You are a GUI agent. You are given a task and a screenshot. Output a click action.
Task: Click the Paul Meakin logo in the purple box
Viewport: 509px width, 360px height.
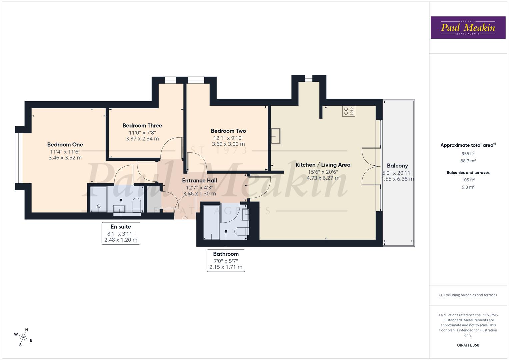click(468, 28)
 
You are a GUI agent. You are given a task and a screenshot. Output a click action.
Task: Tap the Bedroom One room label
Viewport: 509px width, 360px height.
click(65, 145)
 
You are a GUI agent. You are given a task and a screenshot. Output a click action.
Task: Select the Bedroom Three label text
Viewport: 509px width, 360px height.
click(142, 126)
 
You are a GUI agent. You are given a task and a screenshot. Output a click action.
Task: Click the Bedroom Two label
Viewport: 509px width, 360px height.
click(228, 131)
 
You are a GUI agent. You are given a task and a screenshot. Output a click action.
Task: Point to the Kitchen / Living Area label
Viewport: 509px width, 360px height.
click(323, 165)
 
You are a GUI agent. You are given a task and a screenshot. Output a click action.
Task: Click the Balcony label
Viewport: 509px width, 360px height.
click(397, 166)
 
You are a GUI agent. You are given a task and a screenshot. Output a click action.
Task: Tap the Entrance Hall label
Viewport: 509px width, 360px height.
click(199, 181)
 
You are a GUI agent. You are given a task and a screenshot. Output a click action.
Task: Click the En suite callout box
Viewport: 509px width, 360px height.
click(121, 233)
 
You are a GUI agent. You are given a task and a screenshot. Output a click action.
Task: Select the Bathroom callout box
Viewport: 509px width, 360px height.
click(226, 260)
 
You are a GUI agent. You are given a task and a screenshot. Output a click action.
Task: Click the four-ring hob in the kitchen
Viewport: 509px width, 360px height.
click(349, 111)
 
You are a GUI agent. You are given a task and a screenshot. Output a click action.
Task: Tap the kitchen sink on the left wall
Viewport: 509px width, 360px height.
click(275, 136)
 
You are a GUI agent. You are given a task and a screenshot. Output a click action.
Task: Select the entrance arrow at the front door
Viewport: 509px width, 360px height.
click(185, 218)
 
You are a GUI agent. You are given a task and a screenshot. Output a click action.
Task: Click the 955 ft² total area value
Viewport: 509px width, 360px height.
click(468, 154)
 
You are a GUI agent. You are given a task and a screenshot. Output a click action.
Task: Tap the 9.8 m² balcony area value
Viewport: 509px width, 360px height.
click(468, 187)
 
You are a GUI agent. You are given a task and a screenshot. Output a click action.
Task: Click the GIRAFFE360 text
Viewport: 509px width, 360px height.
click(468, 345)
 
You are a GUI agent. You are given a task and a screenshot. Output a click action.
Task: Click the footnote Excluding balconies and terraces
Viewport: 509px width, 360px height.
click(468, 295)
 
